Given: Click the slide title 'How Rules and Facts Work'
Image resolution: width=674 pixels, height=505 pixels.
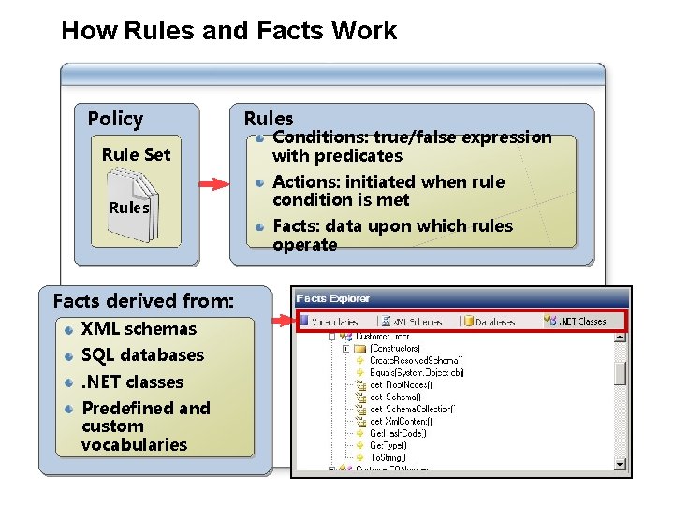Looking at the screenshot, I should pos(228,31).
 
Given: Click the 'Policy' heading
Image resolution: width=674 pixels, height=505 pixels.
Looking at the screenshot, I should pos(115,119).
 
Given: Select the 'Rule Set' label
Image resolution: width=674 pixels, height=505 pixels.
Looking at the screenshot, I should pos(136,154).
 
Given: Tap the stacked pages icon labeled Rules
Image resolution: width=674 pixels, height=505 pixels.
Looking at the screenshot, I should pos(128,207).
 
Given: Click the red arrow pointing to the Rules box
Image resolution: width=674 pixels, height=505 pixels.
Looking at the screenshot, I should pos(214,183).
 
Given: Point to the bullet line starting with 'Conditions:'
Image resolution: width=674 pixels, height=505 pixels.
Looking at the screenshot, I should pos(411,137).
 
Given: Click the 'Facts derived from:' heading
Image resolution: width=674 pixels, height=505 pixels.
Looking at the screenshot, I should pos(143,300).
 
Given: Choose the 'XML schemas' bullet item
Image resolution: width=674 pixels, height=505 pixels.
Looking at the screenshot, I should pos(139,329).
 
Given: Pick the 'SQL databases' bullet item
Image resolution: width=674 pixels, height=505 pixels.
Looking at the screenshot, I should pos(142,355).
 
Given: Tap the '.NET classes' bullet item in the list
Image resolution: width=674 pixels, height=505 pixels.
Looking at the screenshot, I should pos(132,382).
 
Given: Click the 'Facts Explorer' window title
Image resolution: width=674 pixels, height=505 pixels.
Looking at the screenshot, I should pos(333,298).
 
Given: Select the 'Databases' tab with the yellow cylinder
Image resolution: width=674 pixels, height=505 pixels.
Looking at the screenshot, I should pos(496,321).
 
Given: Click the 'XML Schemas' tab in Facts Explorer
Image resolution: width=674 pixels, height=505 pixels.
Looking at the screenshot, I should pos(417,321).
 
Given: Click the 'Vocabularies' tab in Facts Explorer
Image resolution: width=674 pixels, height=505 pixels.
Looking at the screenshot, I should pos(335,321).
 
